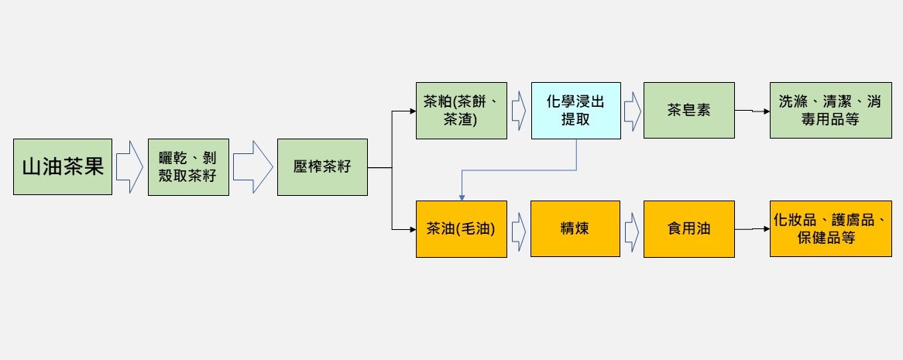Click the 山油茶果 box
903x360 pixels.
pyautogui.click(x=63, y=166)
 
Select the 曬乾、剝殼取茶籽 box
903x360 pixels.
pyautogui.click(x=188, y=167)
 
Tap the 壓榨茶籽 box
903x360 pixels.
pyautogui.click(x=322, y=167)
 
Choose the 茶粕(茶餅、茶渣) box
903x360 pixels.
pyautogui.click(x=462, y=111)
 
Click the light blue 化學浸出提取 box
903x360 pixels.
pyautogui.click(x=576, y=111)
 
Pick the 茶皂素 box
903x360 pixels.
pyautogui.click(x=688, y=111)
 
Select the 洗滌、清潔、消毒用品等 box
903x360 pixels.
pyautogui.click(x=830, y=111)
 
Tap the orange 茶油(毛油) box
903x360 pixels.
pyautogui.click(x=462, y=228)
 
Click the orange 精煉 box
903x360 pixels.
pyautogui.click(x=575, y=228)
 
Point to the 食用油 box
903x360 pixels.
pyautogui.click(x=688, y=228)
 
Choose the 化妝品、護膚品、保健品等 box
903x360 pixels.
pyautogui.click(x=830, y=228)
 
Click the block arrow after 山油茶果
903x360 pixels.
pyautogui.click(x=129, y=167)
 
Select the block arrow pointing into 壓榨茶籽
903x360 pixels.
pyautogui.click(x=252, y=167)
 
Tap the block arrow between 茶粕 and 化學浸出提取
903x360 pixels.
pyautogui.click(x=519, y=111)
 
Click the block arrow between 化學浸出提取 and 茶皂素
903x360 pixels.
pyautogui.click(x=632, y=111)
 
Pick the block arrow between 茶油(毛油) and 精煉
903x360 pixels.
pyautogui.click(x=519, y=228)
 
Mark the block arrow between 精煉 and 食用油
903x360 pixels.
pyautogui.click(x=632, y=228)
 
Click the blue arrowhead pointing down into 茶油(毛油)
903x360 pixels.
pyautogui.click(x=462, y=197)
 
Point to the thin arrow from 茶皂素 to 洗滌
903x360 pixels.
pyautogui.click(x=752, y=111)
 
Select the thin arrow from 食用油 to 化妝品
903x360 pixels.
pyautogui.click(x=752, y=229)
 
